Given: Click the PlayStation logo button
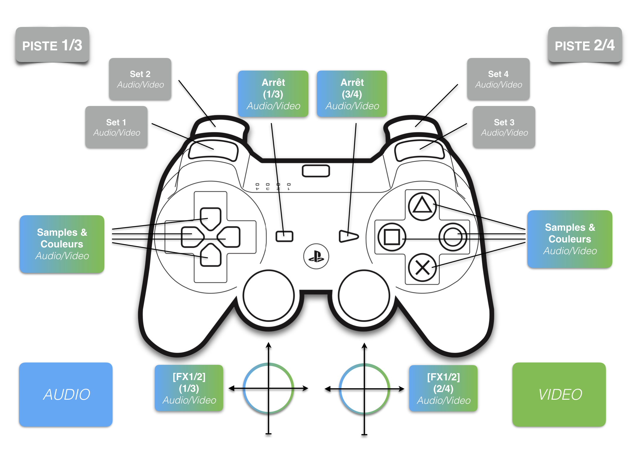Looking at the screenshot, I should tap(316, 256).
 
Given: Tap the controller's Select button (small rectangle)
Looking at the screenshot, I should tap(284, 236).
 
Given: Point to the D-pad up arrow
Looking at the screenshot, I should tap(210, 218).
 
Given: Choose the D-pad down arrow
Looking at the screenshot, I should tap(210, 256).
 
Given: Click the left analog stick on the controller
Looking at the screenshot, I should tap(269, 296).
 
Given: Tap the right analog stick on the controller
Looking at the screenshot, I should tap(364, 296).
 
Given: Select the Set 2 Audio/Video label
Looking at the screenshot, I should tap(140, 79).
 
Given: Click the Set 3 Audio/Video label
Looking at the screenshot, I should tap(504, 127).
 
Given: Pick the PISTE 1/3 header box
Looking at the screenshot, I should tap(52, 45).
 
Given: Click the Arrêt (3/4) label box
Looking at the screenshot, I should tap(352, 94).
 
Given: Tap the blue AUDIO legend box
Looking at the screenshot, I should tap(66, 394).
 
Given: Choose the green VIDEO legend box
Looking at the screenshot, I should tap(559, 394).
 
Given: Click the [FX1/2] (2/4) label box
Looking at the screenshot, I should tap(443, 388).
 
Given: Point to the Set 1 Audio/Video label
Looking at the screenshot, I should tap(116, 127).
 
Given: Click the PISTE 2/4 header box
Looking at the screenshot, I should tap(585, 45).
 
